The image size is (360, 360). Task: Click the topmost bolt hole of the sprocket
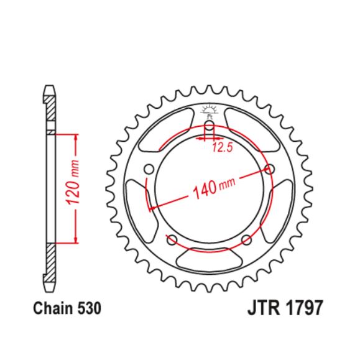click(210, 128)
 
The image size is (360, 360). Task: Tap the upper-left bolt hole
click(149, 168)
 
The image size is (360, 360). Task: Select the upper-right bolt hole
click(270, 168)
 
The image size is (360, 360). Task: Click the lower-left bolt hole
click(172, 239)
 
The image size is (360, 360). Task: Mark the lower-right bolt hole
click(246, 239)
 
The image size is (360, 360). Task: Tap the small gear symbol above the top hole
click(210, 113)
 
